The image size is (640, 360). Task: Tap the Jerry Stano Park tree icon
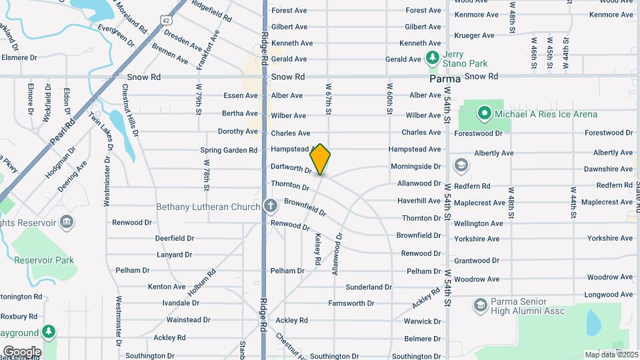(432, 58)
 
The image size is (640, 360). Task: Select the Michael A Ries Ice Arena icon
(485, 114)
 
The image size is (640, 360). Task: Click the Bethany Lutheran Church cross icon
(270, 206)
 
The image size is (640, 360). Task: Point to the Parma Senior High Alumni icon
(479, 305)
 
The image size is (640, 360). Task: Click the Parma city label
(445, 78)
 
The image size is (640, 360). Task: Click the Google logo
(22, 351)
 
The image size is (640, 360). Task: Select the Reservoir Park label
(45, 260)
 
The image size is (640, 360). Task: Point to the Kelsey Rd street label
(318, 247)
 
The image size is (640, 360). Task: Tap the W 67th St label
(328, 99)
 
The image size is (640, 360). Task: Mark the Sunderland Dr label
(369, 287)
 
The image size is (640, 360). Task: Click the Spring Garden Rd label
(229, 150)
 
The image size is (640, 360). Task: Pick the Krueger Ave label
(474, 35)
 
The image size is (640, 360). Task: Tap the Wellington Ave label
(479, 223)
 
